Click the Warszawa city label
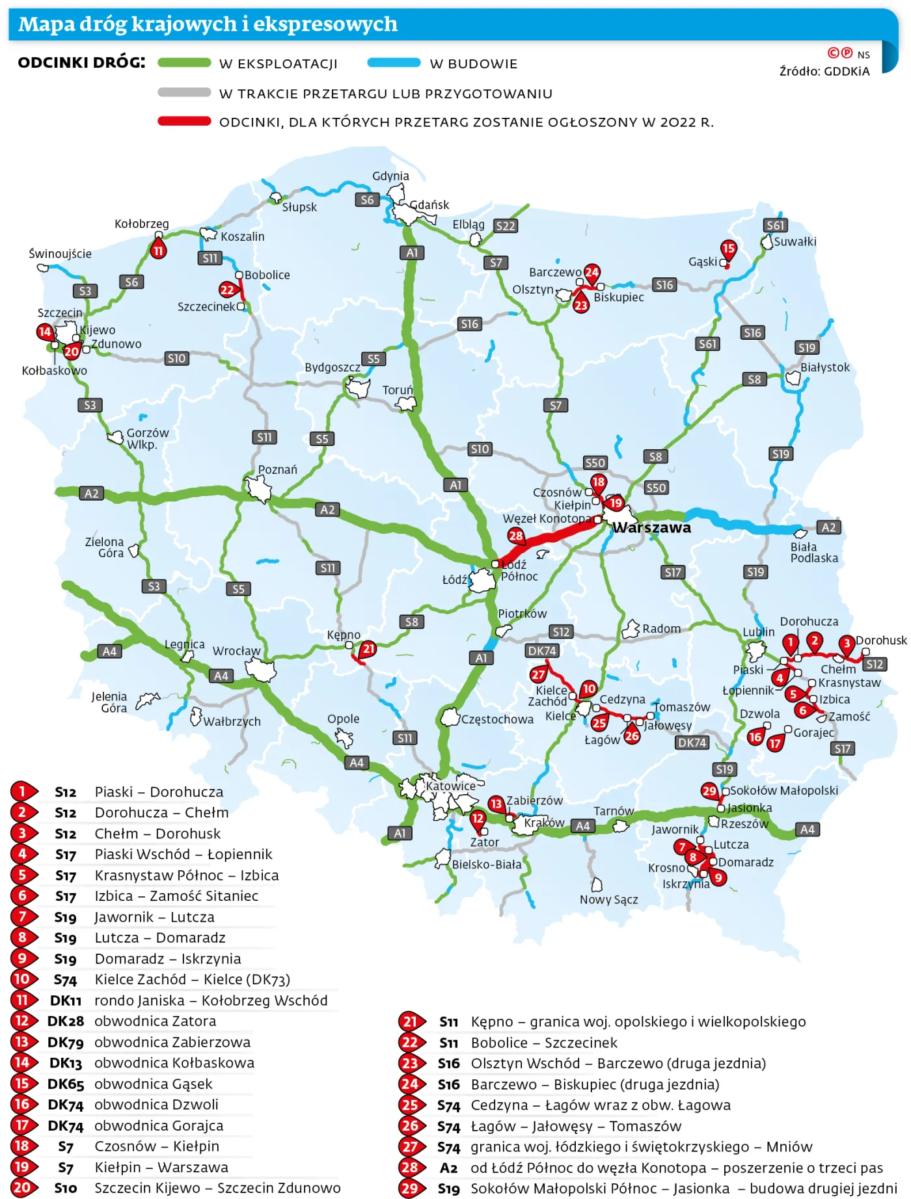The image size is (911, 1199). click(651, 527)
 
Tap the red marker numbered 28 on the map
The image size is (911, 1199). click(516, 536)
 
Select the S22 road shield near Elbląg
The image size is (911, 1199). click(505, 226)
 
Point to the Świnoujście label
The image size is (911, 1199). click(60, 254)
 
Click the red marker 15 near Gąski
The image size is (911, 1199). click(728, 249)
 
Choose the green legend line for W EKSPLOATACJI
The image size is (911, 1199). click(184, 63)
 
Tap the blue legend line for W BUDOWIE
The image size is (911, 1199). click(394, 63)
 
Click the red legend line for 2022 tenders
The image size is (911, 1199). click(184, 121)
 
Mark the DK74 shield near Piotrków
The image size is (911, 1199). click(542, 650)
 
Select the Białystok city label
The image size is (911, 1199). click(824, 367)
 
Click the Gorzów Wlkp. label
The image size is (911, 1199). click(147, 438)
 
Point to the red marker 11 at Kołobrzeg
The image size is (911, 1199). click(158, 251)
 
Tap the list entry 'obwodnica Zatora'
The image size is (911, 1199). click(155, 1021)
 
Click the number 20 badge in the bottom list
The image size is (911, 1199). click(21, 1187)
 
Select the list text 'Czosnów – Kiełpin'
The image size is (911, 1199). click(157, 1146)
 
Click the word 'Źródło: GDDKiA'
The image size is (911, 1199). click(824, 72)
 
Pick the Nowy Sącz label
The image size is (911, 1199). click(608, 900)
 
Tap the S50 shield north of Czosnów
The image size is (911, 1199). click(595, 463)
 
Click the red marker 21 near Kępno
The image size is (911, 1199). click(369, 648)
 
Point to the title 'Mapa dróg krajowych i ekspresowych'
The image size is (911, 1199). click(208, 24)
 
